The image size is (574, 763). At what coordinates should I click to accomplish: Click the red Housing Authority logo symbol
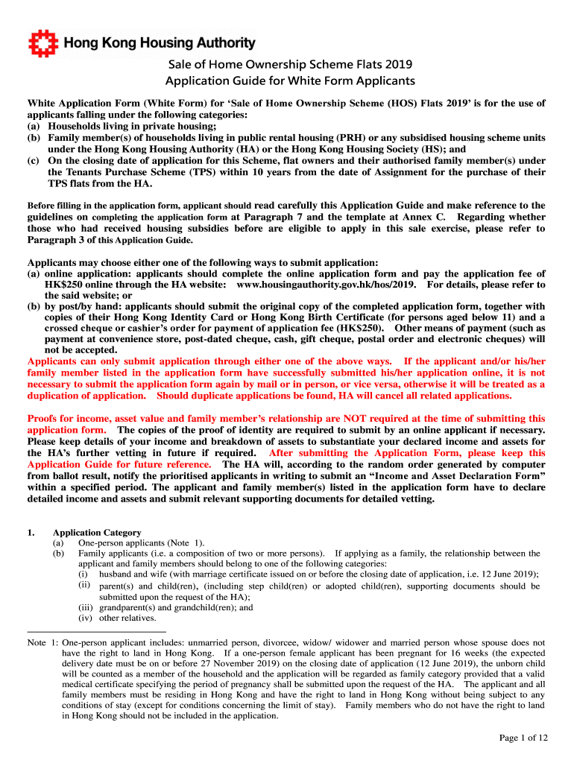(41, 44)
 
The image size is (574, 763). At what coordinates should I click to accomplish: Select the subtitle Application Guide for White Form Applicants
(290, 80)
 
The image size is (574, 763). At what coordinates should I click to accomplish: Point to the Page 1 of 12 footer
(523, 738)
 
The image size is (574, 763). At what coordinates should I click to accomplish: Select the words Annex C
(428, 217)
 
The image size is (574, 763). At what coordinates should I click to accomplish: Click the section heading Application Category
(96, 533)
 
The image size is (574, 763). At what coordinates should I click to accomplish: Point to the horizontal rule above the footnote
(96, 633)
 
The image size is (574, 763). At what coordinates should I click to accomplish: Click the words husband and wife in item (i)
(131, 574)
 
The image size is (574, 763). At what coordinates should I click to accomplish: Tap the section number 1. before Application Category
(31, 533)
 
